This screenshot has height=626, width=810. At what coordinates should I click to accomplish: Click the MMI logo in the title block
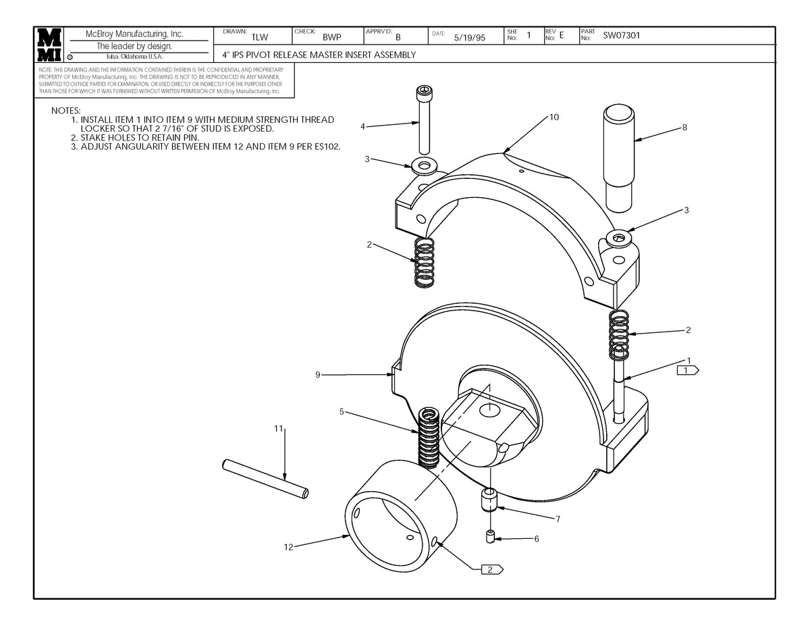[49, 45]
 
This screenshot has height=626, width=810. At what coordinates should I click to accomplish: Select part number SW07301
[622, 35]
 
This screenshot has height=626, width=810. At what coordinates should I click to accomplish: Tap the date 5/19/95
[469, 38]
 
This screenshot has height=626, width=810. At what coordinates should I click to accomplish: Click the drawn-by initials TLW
[259, 37]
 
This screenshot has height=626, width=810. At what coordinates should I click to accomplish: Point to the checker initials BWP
[331, 37]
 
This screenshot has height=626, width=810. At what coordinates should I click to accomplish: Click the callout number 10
[554, 117]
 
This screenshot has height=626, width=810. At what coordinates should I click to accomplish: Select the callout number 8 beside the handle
[684, 128]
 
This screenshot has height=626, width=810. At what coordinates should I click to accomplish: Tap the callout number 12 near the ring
[288, 547]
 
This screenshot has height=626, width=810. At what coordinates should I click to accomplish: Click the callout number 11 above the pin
[279, 428]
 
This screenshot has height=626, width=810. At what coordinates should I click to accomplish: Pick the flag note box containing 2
[492, 569]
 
